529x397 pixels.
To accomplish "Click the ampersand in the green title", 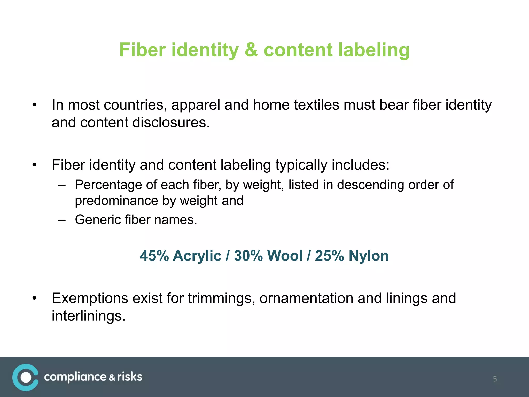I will [251, 50].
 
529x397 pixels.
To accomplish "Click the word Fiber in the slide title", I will [142, 50].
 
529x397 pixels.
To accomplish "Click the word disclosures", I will [171, 123].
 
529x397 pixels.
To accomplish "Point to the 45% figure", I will [154, 256].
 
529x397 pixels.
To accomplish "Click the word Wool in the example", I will [285, 256].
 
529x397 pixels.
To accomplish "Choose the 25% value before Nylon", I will [329, 256].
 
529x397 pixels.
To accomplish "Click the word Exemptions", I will [90, 299].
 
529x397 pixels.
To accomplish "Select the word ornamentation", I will [306, 299].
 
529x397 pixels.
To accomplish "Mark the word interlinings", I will [89, 316].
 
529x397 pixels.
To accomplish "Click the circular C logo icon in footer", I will [26, 377].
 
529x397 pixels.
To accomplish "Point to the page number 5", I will [495, 379].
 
